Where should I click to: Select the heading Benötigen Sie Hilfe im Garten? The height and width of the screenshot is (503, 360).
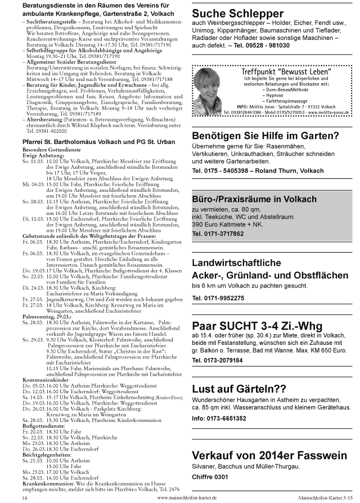click(x=265, y=135)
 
